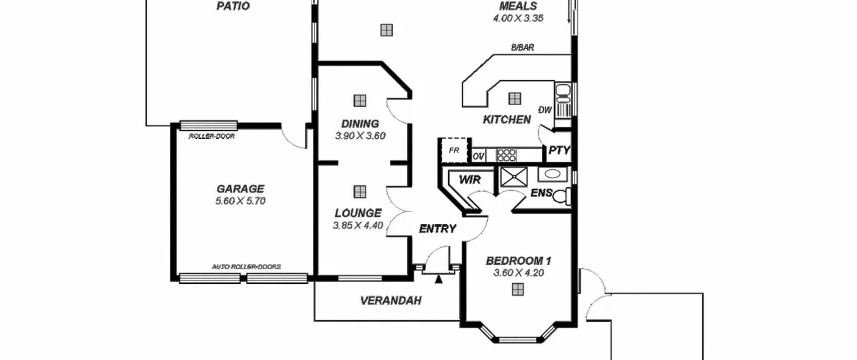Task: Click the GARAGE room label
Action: click(240, 189)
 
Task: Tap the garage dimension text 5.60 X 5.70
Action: click(240, 201)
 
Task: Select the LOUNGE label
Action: click(358, 213)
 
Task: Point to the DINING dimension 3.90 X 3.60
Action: click(360, 136)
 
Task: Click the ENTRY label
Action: click(438, 229)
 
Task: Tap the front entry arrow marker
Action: click(439, 279)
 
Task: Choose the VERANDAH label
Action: click(391, 300)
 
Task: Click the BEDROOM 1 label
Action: click(519, 261)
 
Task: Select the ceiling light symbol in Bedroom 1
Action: click(518, 289)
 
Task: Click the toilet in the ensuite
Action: click(562, 196)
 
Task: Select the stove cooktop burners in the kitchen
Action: click(506, 155)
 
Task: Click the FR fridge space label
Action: click(454, 151)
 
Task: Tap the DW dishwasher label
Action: click(545, 110)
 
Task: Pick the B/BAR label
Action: click(522, 48)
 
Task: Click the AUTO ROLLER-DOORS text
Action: click(246, 267)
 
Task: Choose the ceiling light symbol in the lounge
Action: click(360, 192)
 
